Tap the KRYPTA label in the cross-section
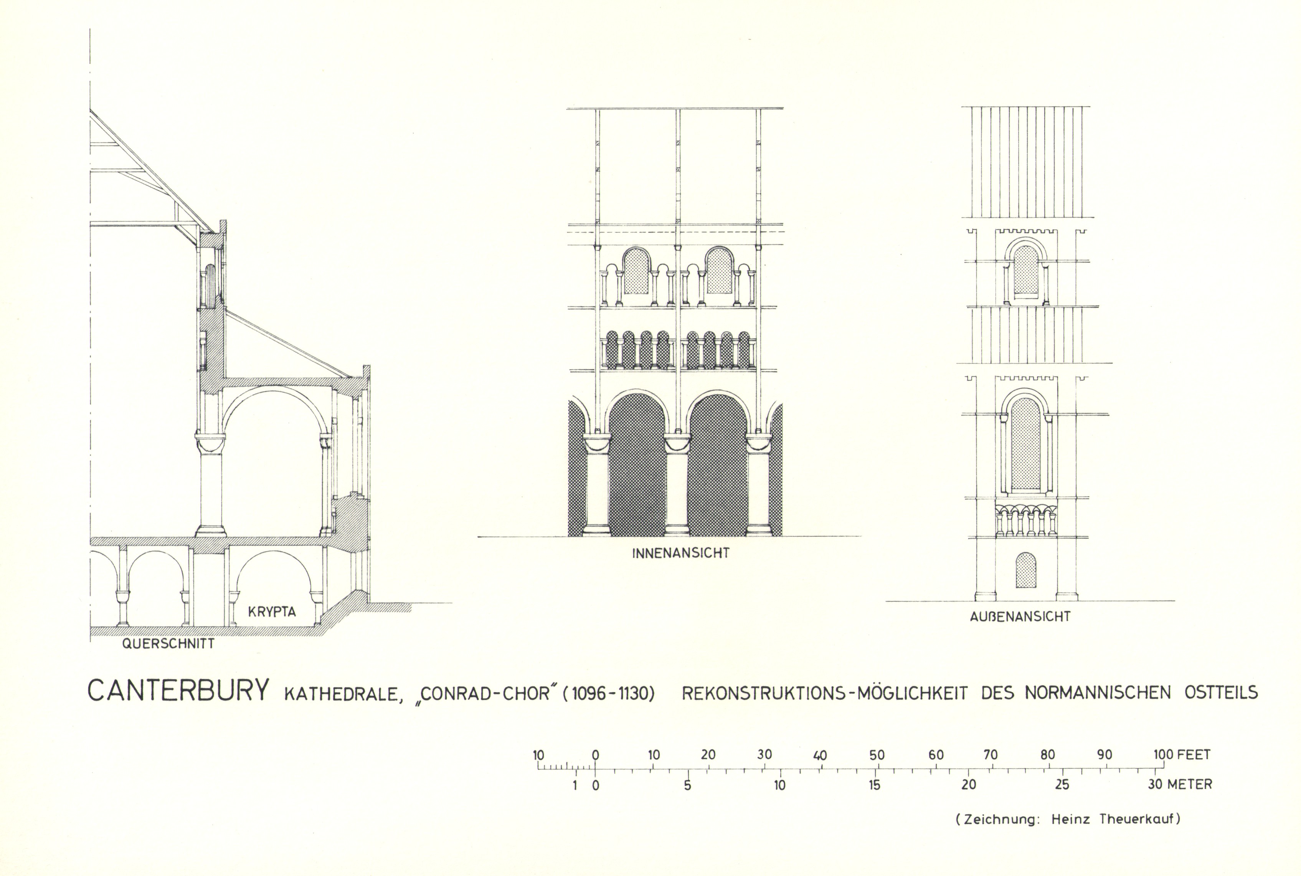(272, 612)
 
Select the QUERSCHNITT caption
(168, 644)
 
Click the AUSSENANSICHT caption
(1020, 617)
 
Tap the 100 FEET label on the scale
(1182, 755)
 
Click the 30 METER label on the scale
(1180, 785)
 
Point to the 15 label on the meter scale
(874, 785)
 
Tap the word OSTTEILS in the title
(1221, 693)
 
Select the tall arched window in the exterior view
(1026, 444)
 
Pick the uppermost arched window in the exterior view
(1026, 270)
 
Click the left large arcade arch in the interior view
(637, 466)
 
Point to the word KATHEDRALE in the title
(343, 694)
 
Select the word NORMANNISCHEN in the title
(1097, 693)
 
